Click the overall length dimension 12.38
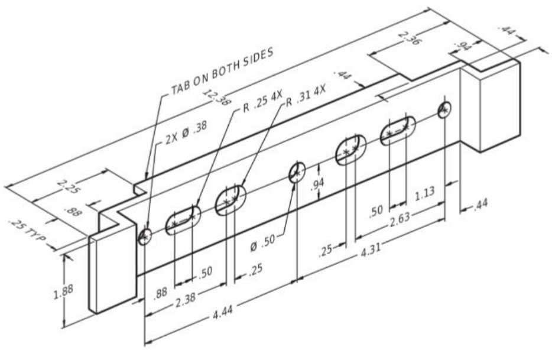pos(217,97)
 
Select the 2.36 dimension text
pos(409,38)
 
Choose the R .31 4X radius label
pos(306,95)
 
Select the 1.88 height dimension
pos(63,292)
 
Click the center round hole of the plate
pos(297,172)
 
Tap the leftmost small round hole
pos(145,236)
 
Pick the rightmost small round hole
pos(444,110)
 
